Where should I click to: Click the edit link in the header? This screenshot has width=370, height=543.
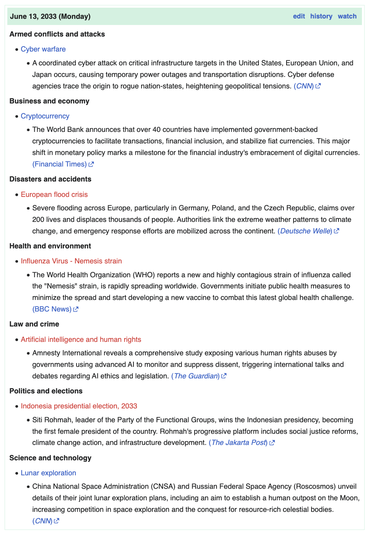(299, 16)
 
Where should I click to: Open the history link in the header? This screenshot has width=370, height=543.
(321, 16)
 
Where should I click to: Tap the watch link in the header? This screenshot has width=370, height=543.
(347, 16)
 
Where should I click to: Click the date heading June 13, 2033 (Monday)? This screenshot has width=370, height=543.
(50, 16)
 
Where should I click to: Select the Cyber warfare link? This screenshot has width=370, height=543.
(43, 49)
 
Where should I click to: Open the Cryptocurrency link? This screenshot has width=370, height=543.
(45, 116)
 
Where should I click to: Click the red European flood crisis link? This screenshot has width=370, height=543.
(54, 195)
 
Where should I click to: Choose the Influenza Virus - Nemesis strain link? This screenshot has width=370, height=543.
(71, 261)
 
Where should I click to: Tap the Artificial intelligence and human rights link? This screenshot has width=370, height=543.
(81, 340)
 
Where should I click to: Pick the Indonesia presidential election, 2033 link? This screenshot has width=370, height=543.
(79, 406)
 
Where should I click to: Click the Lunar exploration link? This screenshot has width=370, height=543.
(48, 473)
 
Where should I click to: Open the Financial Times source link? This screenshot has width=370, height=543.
(60, 164)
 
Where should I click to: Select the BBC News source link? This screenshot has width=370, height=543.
(52, 309)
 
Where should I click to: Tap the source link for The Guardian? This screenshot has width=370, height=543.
(196, 376)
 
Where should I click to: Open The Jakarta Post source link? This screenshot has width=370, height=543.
(239, 443)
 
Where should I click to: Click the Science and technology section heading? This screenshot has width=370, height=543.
(50, 458)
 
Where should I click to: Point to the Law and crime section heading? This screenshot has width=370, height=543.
(34, 324)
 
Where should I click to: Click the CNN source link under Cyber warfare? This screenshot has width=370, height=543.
(304, 86)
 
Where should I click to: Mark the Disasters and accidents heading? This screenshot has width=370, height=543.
(50, 179)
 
